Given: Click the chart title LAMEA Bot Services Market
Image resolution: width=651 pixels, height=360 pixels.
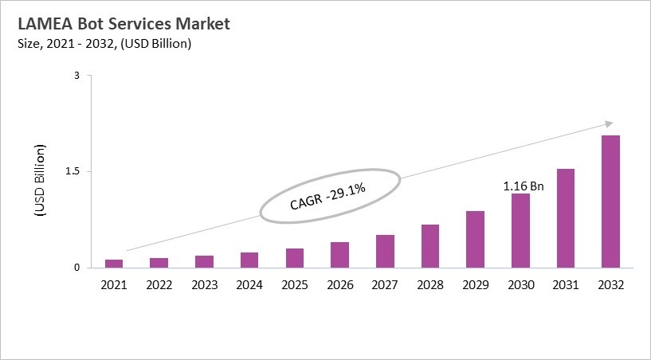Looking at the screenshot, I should coord(123,24).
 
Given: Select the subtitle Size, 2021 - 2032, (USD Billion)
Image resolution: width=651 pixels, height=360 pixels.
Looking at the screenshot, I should coord(104,44).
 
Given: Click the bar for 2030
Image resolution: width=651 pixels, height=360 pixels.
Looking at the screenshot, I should coord(520,230).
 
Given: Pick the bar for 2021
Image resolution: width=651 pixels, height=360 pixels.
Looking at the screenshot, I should coord(114,263).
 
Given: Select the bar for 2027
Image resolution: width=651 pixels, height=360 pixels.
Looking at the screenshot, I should coord(385,251).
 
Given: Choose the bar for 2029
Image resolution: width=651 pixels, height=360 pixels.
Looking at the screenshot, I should coord(475,239).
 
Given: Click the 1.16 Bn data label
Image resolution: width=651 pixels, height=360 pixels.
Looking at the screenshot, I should coord(523,186).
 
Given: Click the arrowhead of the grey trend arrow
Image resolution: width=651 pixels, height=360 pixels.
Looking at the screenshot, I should coord(608,123).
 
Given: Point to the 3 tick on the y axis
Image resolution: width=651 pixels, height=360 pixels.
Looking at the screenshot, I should coord(77,76).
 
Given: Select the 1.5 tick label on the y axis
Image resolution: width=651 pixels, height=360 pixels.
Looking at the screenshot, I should coord(73,171).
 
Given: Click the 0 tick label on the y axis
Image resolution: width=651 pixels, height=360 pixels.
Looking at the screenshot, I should coord(77,268).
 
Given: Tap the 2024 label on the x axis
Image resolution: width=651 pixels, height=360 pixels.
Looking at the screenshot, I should coord(249,284).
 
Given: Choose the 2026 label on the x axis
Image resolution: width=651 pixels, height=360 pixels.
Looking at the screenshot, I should coord(339,284).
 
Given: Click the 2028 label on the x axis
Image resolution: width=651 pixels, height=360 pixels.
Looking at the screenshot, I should coord(429,284).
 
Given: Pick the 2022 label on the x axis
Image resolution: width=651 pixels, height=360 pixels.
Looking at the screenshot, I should coord(159,284).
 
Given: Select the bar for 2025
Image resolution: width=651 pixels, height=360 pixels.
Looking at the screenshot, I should coord(295,257).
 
